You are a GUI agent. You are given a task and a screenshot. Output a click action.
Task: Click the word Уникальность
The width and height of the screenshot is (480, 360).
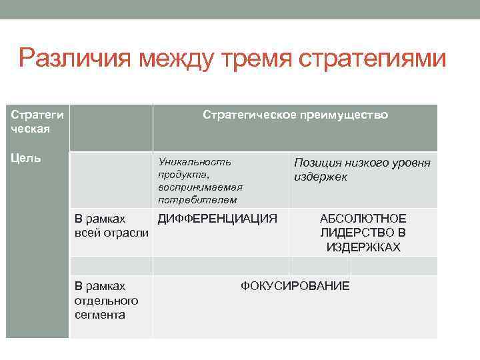tap(195, 161)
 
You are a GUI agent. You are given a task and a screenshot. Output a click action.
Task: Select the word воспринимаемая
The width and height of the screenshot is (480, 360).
tap(200, 187)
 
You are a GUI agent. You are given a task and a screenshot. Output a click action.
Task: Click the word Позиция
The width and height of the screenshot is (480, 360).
tap(317, 163)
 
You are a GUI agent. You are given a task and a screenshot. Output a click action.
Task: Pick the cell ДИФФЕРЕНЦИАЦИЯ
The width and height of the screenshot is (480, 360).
tap(217, 218)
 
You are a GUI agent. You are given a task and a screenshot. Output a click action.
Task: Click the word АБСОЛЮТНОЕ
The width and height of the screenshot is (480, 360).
tap(363, 219)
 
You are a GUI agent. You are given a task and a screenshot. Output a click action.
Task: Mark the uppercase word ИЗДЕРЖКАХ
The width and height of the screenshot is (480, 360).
tap(363, 247)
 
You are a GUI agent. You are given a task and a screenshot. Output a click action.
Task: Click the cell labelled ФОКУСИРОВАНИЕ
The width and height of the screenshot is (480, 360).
tap(295, 286)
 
